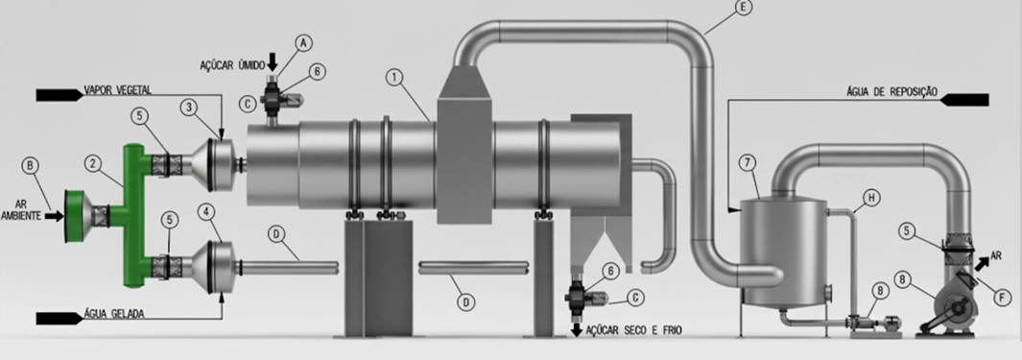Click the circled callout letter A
[303, 43]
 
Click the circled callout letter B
[30, 165]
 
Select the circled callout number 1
[393, 78]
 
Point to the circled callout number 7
[749, 162]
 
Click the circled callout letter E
[743, 7]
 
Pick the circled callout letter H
[870, 198]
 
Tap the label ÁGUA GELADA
[114, 314]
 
